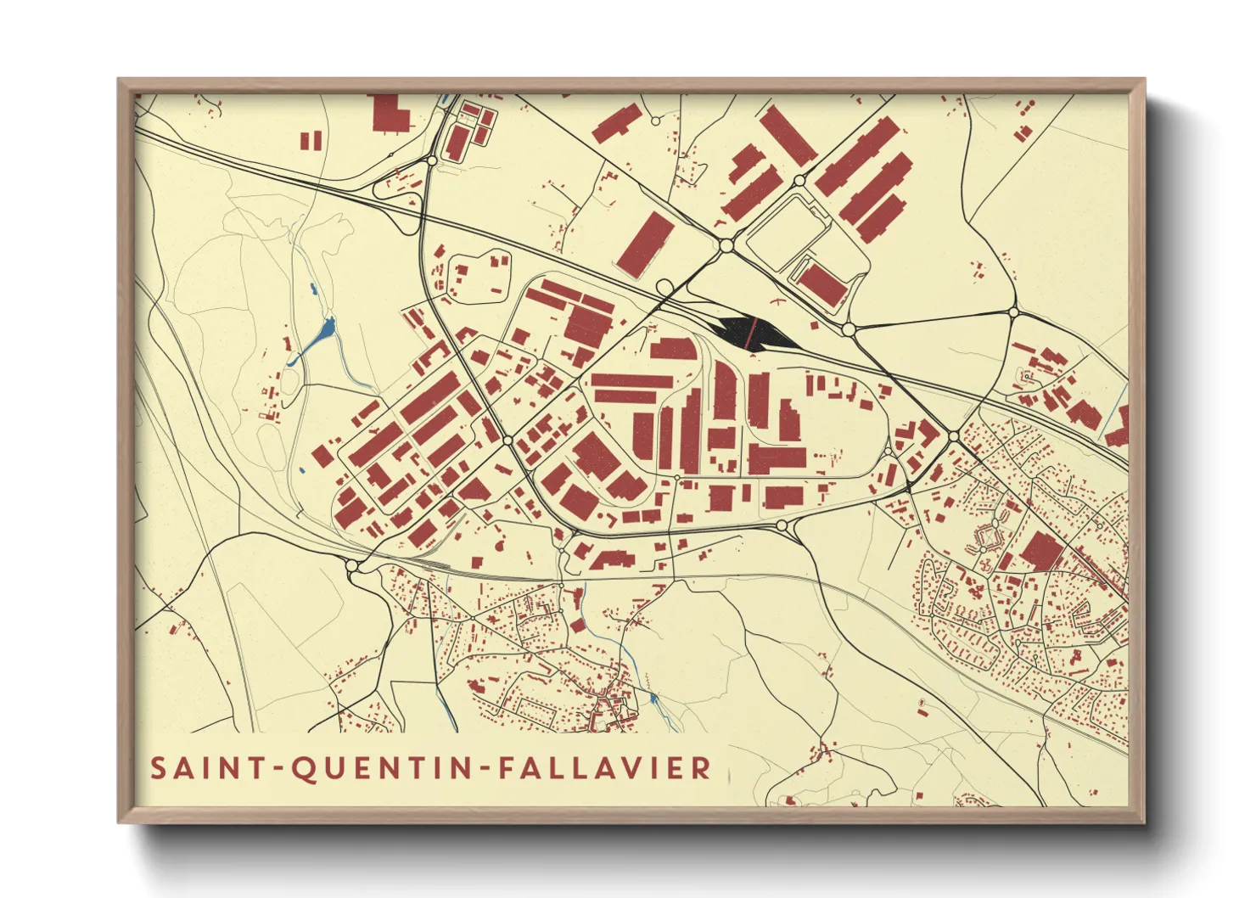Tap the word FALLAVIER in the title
point(604,768)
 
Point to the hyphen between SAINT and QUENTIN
point(278,770)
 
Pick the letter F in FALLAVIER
point(507,768)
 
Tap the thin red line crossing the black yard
point(750,332)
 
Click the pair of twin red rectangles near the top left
point(311,140)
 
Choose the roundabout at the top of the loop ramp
point(432,160)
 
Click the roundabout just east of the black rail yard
point(848,328)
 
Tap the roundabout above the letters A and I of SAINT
point(352,565)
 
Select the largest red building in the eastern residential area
point(1040,551)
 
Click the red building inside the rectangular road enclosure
point(821,283)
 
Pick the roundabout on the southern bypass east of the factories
point(782,527)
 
